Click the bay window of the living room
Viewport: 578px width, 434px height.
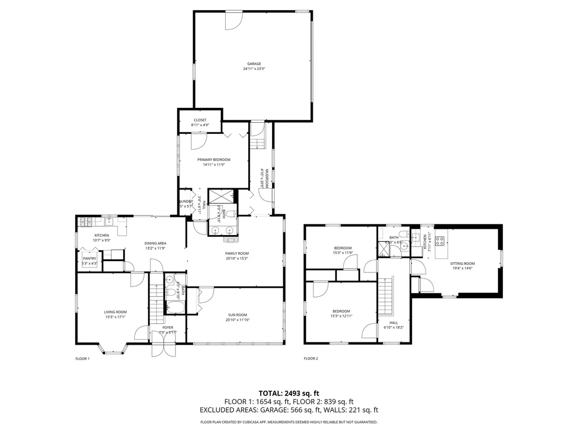click(114, 349)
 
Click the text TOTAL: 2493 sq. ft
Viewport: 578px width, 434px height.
click(289, 393)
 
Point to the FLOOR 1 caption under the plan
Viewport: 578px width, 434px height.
click(82, 358)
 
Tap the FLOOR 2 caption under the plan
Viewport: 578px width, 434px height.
click(311, 358)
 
